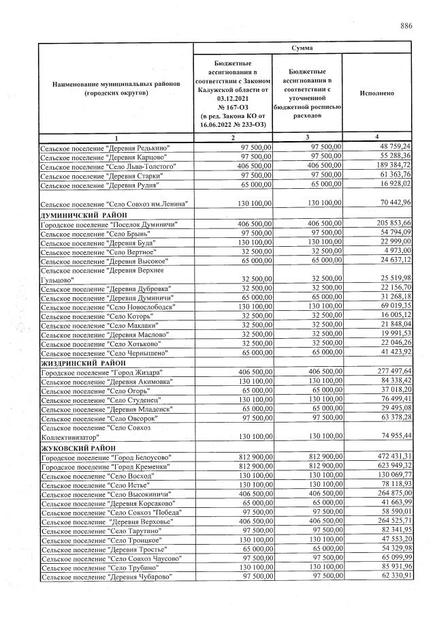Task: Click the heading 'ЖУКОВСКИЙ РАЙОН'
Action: point(76,447)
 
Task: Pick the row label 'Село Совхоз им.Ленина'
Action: point(113,204)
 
